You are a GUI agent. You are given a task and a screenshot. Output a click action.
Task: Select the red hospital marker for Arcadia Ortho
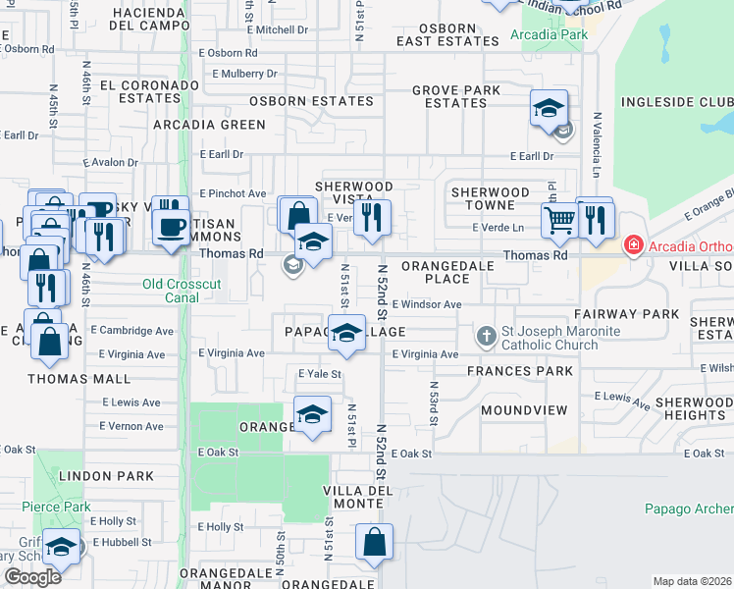tap(634, 244)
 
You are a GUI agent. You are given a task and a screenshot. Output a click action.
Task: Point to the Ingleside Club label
tap(675, 102)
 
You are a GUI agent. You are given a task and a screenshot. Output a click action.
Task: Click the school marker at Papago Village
tap(346, 333)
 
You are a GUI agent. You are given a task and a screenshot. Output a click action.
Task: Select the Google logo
tap(32, 577)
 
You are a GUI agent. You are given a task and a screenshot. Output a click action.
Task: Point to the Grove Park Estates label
tap(456, 96)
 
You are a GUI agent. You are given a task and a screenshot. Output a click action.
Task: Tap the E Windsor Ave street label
tap(427, 304)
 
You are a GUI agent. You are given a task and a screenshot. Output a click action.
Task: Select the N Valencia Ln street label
tap(596, 142)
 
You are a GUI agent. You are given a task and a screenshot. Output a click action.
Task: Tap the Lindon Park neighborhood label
tap(106, 476)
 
